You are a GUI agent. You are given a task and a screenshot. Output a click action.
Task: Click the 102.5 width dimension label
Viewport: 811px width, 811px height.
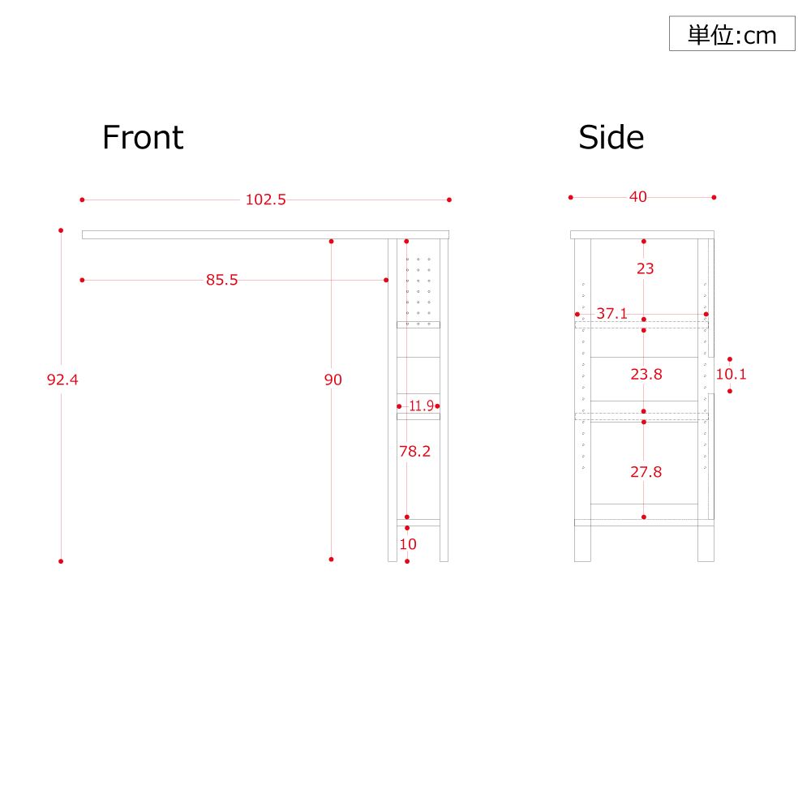coord(265,200)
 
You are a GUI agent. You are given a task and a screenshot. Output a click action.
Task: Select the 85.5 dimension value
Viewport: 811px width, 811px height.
coord(222,280)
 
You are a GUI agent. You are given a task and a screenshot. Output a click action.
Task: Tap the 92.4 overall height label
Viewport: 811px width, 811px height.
coord(62,380)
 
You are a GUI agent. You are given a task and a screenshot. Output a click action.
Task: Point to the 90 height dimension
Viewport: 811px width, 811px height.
coord(333,380)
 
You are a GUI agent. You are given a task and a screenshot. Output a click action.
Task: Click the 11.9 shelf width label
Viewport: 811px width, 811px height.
coord(421,406)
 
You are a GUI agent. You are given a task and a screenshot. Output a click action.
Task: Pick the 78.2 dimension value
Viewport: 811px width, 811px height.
coord(414,452)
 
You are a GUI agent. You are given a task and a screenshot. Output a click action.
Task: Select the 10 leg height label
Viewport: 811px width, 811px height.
coord(408,544)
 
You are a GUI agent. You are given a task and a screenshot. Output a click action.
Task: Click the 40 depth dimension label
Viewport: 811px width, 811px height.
coord(637,197)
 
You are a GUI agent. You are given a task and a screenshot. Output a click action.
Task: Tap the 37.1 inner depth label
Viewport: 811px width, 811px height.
coord(611,313)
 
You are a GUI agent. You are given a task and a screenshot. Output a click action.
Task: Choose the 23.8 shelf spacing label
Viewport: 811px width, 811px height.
coord(646,374)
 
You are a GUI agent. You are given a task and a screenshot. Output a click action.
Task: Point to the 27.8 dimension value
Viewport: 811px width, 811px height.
coord(646,472)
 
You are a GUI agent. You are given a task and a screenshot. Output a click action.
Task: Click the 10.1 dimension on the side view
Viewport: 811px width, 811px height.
coord(731,374)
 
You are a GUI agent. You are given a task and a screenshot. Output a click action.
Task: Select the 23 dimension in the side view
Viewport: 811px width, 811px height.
coord(645,268)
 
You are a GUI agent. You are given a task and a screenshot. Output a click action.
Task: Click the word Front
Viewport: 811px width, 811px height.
coord(143,138)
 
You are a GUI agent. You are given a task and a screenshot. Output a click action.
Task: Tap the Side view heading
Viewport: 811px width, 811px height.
coord(611,138)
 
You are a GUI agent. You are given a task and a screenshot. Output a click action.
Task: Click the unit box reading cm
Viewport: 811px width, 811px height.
coord(732,33)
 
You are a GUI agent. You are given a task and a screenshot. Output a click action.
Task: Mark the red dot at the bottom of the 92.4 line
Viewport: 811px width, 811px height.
coord(61,561)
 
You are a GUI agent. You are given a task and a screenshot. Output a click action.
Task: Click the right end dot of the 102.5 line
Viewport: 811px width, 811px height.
coord(449,200)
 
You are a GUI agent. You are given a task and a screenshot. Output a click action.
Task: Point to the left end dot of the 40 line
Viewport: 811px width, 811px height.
coord(570,198)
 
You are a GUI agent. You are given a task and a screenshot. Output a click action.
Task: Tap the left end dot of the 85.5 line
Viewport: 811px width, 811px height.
coord(82,281)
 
